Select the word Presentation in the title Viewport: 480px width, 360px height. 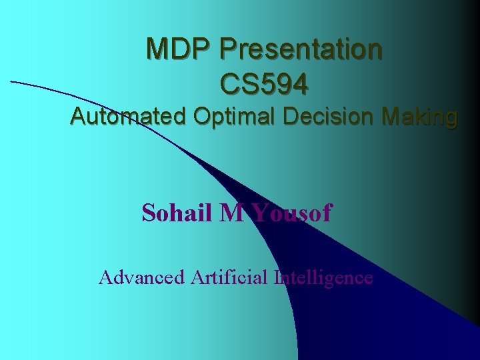(x=301, y=49)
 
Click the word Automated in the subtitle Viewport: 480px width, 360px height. (x=128, y=117)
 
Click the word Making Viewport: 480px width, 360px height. (x=419, y=118)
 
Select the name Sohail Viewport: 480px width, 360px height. (x=177, y=213)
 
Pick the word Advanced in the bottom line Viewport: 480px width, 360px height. (x=141, y=277)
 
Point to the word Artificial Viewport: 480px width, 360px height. (x=229, y=277)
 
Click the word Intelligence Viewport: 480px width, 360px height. (x=323, y=277)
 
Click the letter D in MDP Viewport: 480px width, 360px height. (x=182, y=49)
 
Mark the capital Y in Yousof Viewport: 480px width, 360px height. (x=260, y=213)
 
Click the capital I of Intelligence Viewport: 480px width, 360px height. (x=277, y=277)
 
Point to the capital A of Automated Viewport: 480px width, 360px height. (x=78, y=117)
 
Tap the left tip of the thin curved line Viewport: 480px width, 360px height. (x=11, y=81)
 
